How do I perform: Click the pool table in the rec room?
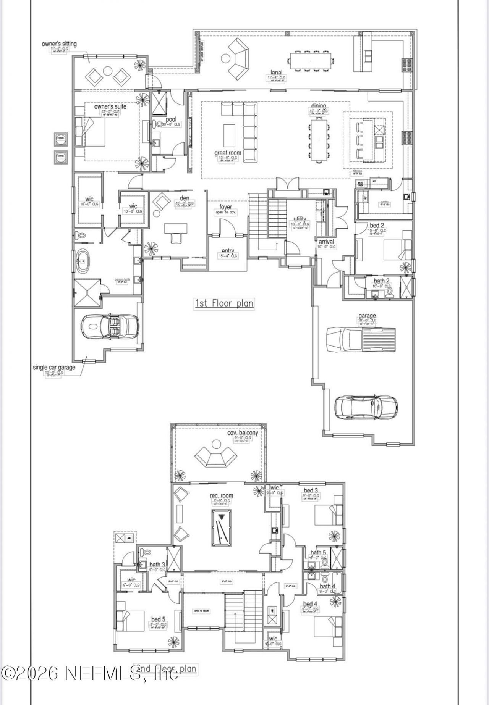221,527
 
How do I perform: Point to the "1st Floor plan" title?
224,303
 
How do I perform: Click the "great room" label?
228,153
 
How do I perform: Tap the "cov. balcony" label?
243,433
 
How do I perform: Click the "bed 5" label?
158,619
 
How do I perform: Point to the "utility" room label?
300,219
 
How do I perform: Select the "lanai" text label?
276,73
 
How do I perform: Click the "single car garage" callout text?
54,367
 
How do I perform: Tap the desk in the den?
176,228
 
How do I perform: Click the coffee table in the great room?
230,132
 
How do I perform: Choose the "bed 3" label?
311,490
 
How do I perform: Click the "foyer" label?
226,207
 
